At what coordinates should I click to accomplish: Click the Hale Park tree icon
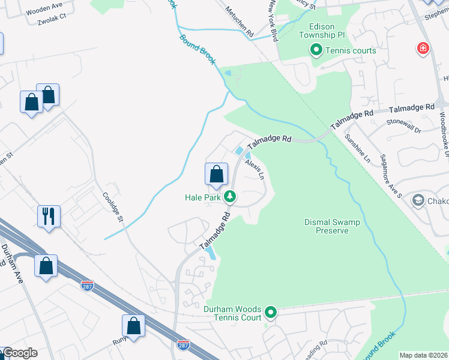pyautogui.click(x=229, y=196)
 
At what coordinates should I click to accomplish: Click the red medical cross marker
pyautogui.click(x=423, y=48)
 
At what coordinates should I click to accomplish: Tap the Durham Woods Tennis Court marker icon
pyautogui.click(x=271, y=312)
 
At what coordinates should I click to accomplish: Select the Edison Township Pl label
pyautogui.click(x=334, y=31)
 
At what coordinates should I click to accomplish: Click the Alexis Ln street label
pyautogui.click(x=255, y=166)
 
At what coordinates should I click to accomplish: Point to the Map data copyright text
pyautogui.click(x=424, y=355)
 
